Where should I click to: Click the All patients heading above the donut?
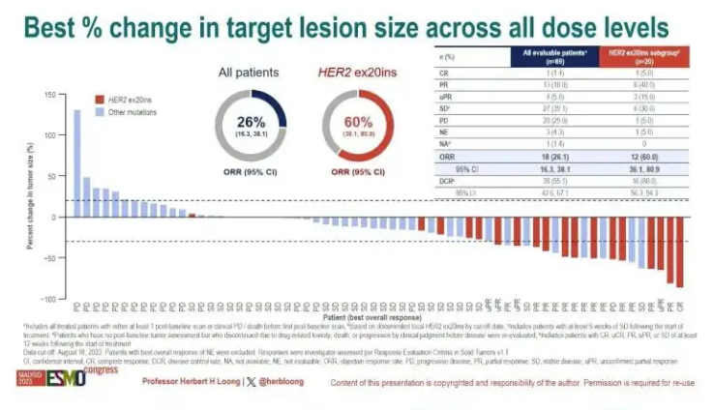click(x=249, y=72)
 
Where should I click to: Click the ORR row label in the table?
click(x=449, y=155)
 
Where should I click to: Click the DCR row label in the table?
click(x=449, y=180)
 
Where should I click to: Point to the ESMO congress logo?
click(x=44, y=378)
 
